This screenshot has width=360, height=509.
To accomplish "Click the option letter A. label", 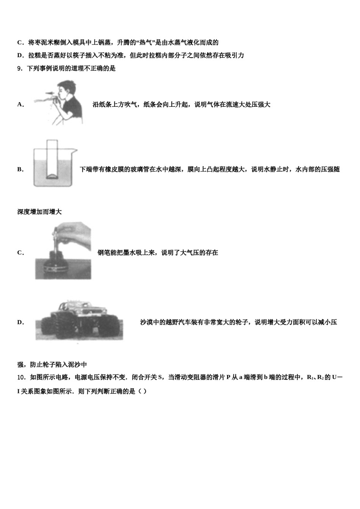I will (20, 105).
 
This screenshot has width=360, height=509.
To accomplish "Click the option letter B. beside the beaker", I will (20, 169).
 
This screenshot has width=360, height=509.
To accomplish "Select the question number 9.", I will (20, 69).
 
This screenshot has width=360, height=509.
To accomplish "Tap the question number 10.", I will (21, 377).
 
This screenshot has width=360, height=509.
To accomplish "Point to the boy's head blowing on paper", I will (68, 89).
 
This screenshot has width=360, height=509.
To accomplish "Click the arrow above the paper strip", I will (49, 93).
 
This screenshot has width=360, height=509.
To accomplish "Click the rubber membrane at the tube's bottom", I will (52, 176).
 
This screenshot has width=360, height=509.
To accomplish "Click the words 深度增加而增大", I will (39, 212).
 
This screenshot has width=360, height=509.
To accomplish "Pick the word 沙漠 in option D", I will (147, 322).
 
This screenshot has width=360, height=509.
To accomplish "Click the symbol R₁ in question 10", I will (310, 377).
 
